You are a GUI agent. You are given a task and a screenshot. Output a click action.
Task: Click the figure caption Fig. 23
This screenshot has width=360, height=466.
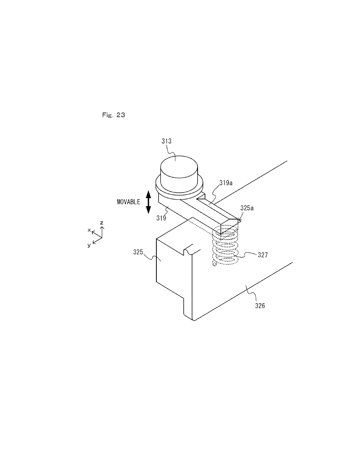tap(114, 115)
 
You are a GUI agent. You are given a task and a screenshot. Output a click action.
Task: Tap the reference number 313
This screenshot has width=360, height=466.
tap(166, 141)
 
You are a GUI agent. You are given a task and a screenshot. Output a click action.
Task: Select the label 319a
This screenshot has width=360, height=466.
tap(226, 183)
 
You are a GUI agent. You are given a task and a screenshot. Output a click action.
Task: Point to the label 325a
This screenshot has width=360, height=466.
tap(247, 208)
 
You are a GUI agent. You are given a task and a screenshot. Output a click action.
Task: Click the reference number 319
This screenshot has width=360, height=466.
tap(161, 218)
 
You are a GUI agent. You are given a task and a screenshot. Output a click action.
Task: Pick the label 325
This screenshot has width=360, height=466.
tap(138, 252)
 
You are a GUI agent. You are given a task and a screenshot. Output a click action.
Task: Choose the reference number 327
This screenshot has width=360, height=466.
tap(263, 255)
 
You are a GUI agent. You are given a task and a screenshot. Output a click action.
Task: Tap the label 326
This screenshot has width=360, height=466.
tap(260, 305)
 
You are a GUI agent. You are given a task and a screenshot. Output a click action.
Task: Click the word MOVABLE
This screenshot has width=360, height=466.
tap(129, 202)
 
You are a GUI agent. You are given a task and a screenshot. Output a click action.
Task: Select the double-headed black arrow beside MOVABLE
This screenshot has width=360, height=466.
tap(148, 202)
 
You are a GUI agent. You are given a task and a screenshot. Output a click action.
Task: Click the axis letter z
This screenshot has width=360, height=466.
tap(102, 223)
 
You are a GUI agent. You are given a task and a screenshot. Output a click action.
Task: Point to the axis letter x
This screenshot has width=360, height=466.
tap(89, 230)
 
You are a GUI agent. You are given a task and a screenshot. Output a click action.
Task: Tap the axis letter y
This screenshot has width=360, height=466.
tap(89, 245)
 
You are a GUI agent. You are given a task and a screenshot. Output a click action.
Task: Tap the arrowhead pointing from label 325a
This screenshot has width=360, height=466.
tap(239, 219)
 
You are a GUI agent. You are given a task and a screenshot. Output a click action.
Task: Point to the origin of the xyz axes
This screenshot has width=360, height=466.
tap(102, 238)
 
